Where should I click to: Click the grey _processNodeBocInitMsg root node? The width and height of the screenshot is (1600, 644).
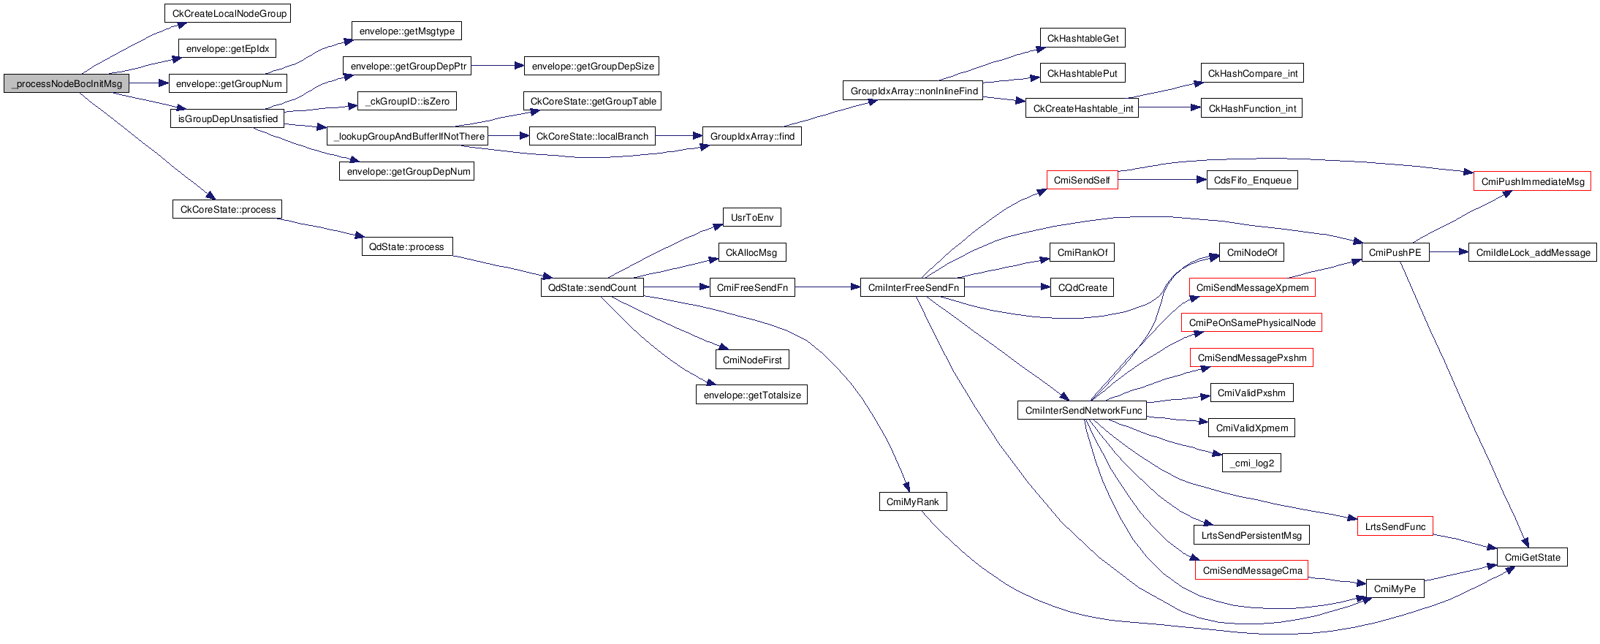(67, 83)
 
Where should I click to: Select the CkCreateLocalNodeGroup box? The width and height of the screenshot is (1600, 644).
(229, 13)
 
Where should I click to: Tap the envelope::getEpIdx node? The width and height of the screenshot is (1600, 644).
(227, 48)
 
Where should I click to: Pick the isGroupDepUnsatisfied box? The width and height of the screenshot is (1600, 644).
(227, 118)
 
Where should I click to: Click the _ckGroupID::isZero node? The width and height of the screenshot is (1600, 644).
(407, 101)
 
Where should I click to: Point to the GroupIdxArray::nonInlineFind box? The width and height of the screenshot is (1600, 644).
(914, 91)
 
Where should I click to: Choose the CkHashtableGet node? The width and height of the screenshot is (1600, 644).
(1083, 38)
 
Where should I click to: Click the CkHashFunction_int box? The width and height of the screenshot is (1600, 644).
(1251, 108)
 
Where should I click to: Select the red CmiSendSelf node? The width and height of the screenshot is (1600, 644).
(1082, 180)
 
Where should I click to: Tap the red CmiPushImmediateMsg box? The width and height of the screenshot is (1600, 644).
(1532, 181)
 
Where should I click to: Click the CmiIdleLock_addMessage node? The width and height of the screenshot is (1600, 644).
(1533, 252)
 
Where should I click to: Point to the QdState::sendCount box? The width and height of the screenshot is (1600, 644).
(592, 287)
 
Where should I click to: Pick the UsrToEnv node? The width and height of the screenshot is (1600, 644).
(752, 217)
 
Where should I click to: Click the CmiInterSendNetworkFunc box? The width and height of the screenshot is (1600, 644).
(1083, 410)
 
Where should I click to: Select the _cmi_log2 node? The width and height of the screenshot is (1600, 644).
(1251, 463)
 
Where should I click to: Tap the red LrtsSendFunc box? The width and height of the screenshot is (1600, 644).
(1395, 526)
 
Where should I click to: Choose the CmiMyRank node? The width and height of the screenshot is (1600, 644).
(912, 501)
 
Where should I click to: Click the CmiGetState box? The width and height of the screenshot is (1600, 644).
(1532, 557)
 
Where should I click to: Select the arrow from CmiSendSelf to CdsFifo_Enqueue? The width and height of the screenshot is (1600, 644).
(1162, 180)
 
